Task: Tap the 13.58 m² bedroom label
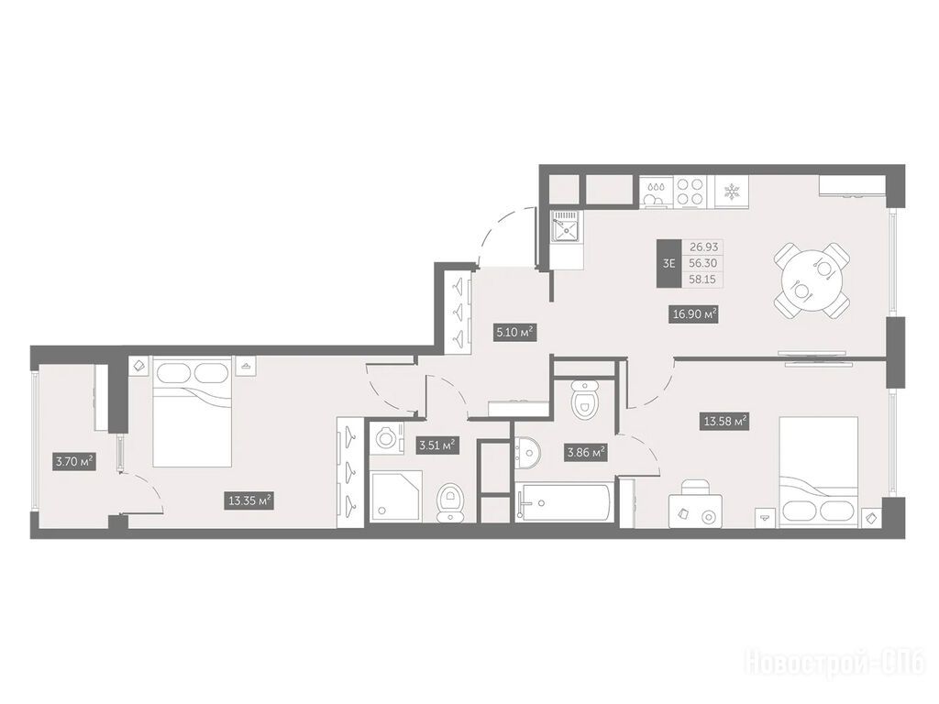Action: click(x=725, y=421)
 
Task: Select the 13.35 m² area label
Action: click(x=250, y=500)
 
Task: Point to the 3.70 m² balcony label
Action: click(x=75, y=461)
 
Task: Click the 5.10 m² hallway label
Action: click(x=514, y=331)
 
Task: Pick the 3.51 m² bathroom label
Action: click(x=437, y=445)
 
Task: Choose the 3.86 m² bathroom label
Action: click(x=585, y=453)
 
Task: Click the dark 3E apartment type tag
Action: click(x=668, y=263)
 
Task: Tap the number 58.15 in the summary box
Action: click(x=702, y=279)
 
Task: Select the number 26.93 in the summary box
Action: click(x=703, y=247)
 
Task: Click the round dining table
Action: click(x=812, y=280)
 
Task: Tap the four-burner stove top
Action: click(x=690, y=192)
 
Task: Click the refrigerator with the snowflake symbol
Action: click(x=730, y=192)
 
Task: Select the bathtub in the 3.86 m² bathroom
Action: click(x=563, y=501)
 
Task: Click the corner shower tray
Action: click(x=396, y=496)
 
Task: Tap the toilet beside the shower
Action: click(x=449, y=502)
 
